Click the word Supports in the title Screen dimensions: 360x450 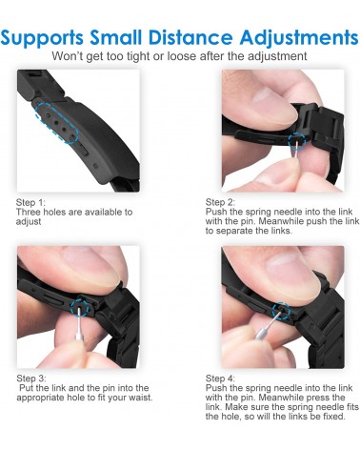[x=42, y=38]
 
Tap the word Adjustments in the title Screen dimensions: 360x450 [x=299, y=38]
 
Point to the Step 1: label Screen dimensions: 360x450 [x=30, y=202]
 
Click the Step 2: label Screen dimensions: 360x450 [x=220, y=202]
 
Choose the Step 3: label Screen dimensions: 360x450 [x=31, y=378]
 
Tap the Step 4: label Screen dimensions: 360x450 [x=220, y=378]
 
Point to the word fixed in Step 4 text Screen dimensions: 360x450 [x=332, y=416]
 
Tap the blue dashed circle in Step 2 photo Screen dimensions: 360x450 [x=297, y=140]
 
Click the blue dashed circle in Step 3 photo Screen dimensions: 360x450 [x=80, y=307]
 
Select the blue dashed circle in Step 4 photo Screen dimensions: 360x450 [x=281, y=311]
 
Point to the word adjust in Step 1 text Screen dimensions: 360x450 [x=29, y=222]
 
